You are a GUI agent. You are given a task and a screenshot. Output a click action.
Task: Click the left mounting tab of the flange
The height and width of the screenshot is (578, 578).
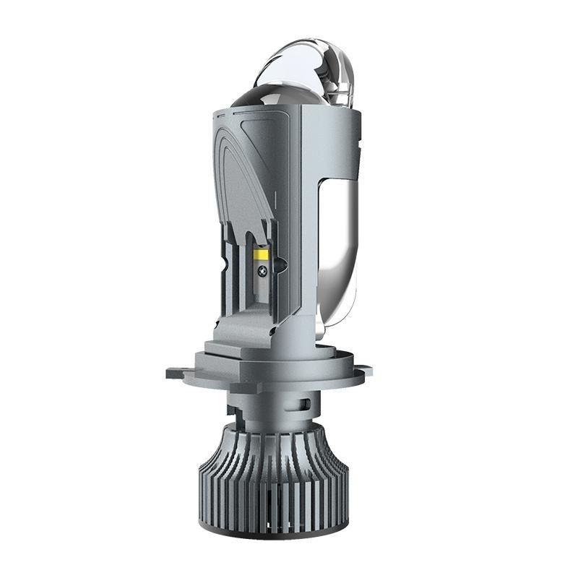pyautogui.click(x=178, y=374)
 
